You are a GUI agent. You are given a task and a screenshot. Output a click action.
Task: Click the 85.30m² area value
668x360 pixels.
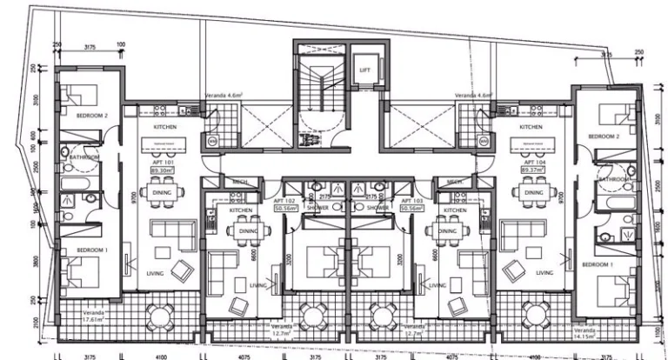(x=162, y=170)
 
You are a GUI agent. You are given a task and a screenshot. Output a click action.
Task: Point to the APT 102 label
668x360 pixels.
(x=287, y=200)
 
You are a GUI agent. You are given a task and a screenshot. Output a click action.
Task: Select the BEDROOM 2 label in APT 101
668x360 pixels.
(x=90, y=116)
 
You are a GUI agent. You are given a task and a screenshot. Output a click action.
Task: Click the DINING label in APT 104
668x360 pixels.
(x=533, y=192)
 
